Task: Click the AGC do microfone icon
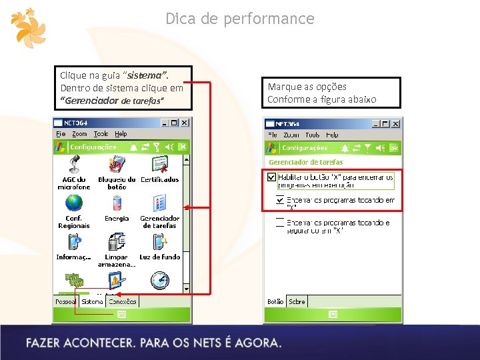pos(74,164)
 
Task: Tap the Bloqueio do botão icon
pos(117,164)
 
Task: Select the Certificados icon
pos(159,164)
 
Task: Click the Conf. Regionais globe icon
pos(74,202)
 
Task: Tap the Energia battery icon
pos(117,203)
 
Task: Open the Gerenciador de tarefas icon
pos(159,203)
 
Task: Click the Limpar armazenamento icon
pos(117,241)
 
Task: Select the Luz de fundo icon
pos(159,241)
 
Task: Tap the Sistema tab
pos(93,301)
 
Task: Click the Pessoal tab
pos(66,301)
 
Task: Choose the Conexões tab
pos(123,301)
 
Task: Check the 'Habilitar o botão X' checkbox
pos(271,177)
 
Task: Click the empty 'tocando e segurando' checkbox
pos(280,224)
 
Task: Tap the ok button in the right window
pos(393,147)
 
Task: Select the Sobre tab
pos(297,301)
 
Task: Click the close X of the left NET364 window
pos(185,123)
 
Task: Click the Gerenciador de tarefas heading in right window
pos(305,162)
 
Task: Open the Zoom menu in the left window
pos(79,134)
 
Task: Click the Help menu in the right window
pos(332,135)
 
